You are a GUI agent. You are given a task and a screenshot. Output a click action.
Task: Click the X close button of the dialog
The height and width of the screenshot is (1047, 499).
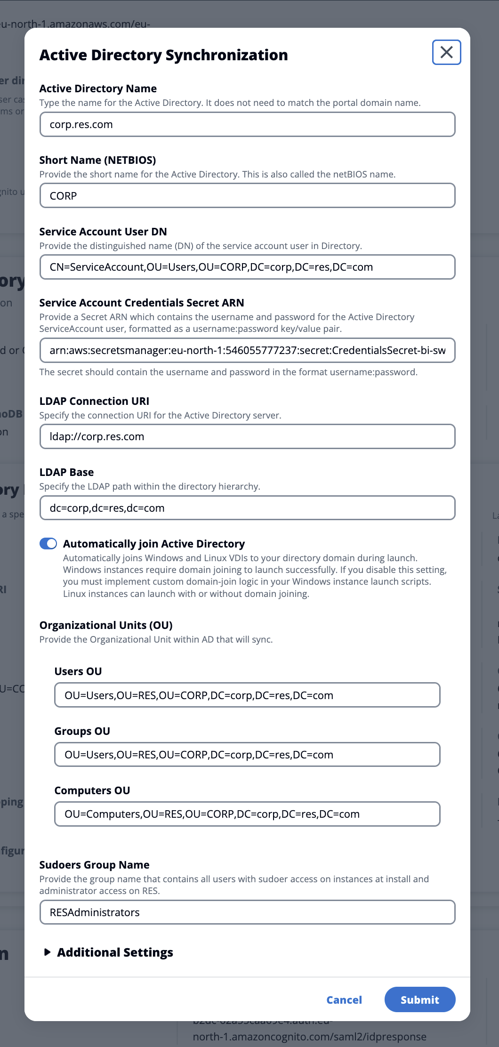(446, 52)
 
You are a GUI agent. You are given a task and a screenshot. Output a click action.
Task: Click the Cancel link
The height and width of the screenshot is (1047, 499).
(344, 1000)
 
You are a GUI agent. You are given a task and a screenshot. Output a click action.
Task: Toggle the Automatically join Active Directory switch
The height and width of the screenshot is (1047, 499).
(48, 544)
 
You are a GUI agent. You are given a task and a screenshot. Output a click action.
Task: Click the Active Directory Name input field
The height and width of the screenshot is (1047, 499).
(247, 125)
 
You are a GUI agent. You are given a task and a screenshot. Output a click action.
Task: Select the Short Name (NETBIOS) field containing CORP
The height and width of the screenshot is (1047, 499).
(247, 196)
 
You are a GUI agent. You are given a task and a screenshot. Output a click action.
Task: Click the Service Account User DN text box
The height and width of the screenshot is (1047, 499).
(247, 267)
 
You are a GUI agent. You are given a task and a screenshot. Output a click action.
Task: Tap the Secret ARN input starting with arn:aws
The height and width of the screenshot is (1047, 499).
(247, 351)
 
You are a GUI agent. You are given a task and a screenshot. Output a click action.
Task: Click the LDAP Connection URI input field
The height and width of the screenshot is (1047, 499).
(247, 437)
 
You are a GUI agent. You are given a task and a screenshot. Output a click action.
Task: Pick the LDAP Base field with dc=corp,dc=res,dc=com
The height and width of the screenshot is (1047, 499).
(247, 508)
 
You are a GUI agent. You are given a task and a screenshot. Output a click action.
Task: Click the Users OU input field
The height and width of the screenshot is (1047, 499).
(247, 695)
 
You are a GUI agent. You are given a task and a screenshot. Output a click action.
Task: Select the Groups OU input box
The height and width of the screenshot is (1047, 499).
(247, 755)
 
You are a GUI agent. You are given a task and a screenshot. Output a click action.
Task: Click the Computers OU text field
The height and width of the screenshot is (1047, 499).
(247, 814)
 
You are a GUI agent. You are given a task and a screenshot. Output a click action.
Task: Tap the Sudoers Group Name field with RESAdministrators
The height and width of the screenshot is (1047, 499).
(247, 912)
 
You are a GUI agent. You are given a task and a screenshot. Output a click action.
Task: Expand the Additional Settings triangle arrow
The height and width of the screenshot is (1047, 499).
(47, 952)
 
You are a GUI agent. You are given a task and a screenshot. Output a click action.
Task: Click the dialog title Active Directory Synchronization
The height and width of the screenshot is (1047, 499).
(163, 55)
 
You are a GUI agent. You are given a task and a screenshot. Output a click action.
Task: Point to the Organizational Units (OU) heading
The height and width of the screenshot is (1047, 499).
(106, 625)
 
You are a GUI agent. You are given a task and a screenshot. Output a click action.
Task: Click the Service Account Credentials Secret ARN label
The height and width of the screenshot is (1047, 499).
(142, 303)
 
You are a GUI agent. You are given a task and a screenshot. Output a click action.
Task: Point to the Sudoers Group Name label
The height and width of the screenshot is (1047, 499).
(94, 865)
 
